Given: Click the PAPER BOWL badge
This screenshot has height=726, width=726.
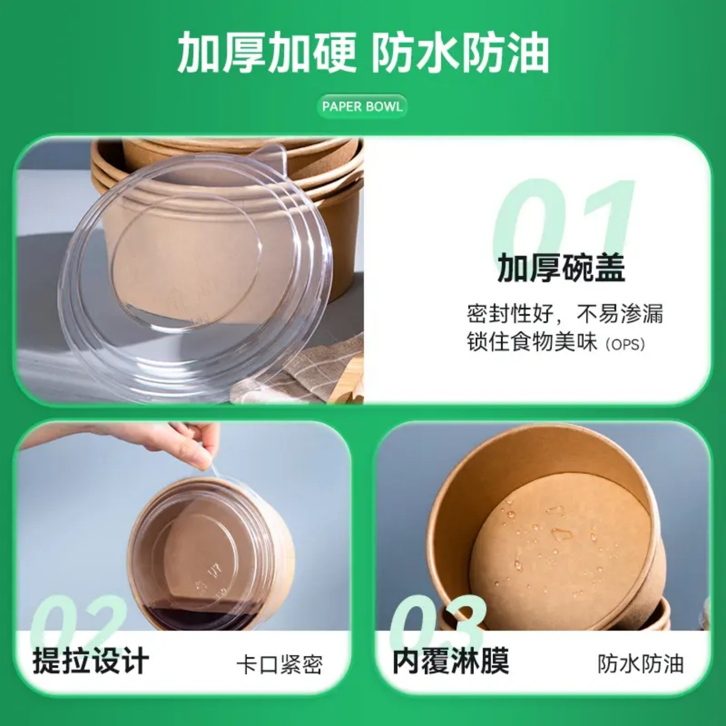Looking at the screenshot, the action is coord(362,106).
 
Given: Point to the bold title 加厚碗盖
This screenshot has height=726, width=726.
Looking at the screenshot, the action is coord(561,268).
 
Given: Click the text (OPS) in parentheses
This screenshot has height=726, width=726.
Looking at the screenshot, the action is coord(625,344).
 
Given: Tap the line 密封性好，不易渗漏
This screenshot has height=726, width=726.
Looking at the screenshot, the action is coord(565,314).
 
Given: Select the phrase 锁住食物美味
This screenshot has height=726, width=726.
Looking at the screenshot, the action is coord(532,342).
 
